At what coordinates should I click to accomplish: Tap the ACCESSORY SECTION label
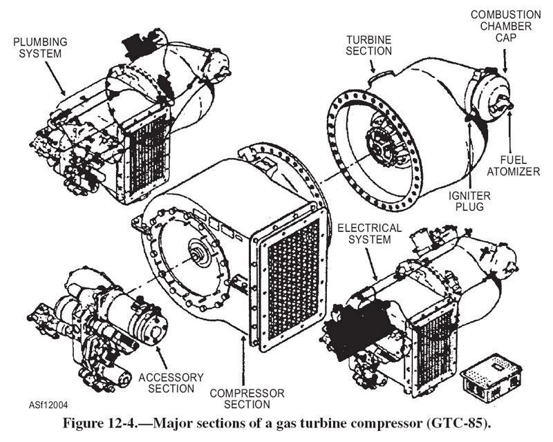(x=171, y=383)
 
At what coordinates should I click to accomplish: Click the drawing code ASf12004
(x=50, y=405)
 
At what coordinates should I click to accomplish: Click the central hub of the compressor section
(x=201, y=256)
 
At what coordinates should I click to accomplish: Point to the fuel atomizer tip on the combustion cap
(x=509, y=105)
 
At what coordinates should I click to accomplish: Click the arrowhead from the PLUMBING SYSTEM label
(x=65, y=94)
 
